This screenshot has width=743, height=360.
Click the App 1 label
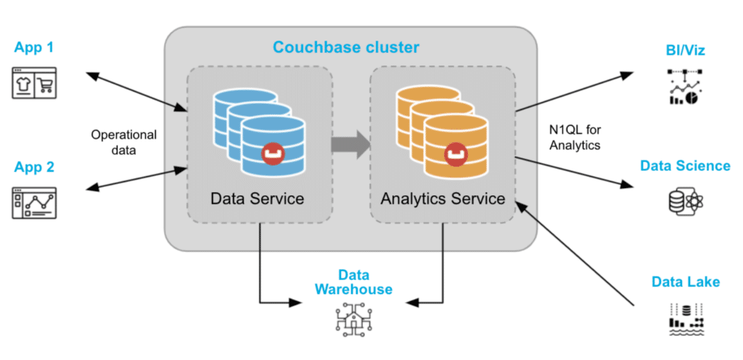click(x=34, y=48)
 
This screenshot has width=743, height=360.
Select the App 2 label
click(x=34, y=167)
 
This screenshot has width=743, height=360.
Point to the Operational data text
click(x=123, y=142)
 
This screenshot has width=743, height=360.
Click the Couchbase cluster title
click(x=345, y=48)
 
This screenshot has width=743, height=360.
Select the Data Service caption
click(x=257, y=198)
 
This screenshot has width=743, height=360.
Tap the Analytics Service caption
click(x=443, y=198)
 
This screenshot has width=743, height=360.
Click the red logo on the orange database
click(x=455, y=153)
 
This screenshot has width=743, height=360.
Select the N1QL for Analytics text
click(x=576, y=137)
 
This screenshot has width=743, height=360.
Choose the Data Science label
click(x=685, y=165)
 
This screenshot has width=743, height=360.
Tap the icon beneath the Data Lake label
click(x=686, y=318)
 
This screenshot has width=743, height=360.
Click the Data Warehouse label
click(x=353, y=282)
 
